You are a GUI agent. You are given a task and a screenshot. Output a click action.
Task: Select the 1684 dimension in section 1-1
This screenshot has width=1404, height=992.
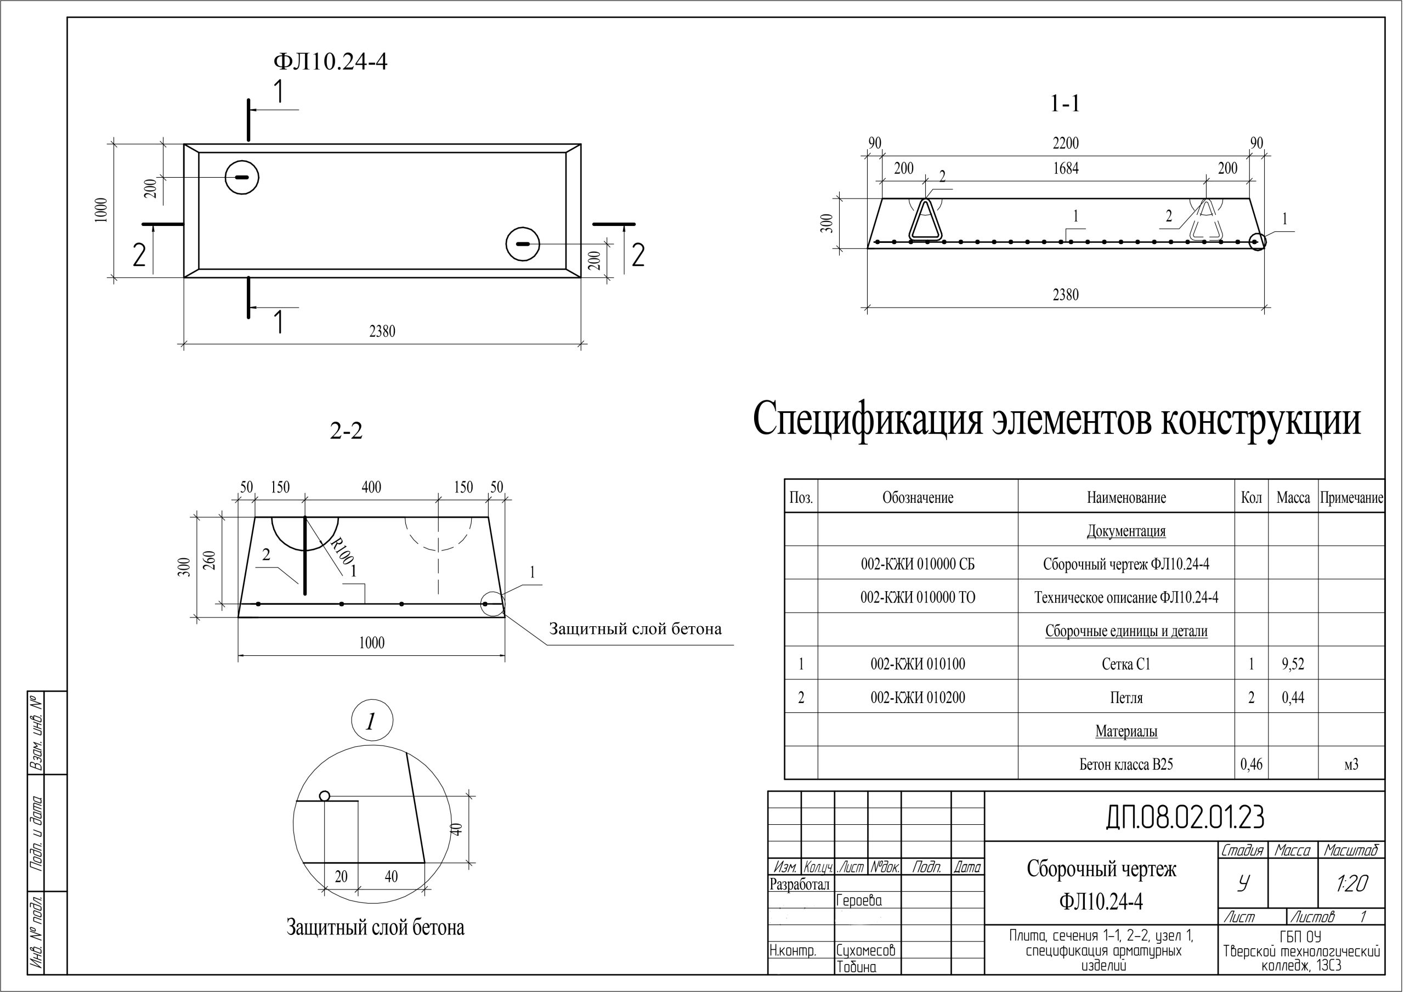point(1065,168)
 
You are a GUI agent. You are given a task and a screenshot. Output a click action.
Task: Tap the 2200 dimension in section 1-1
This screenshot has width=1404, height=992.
point(1065,143)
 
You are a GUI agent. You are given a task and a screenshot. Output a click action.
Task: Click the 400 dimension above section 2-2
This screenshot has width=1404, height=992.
point(371,488)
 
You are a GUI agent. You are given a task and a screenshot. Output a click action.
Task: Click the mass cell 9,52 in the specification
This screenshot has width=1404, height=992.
point(1293,664)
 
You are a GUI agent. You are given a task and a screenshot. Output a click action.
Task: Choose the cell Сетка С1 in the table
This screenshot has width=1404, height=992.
point(1126,664)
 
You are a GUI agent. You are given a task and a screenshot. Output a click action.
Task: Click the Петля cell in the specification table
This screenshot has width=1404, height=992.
point(1126,698)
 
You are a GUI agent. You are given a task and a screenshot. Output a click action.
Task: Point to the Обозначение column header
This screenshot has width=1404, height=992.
point(917,498)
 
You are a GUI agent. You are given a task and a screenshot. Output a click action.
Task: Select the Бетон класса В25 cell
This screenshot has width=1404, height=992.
point(1126,764)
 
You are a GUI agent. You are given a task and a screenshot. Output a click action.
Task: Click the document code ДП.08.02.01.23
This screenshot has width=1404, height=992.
point(1185,817)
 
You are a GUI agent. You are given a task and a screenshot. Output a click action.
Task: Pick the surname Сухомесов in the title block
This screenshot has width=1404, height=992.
point(865,950)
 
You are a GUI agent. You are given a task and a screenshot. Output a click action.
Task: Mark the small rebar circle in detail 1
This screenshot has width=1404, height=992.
point(325,796)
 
